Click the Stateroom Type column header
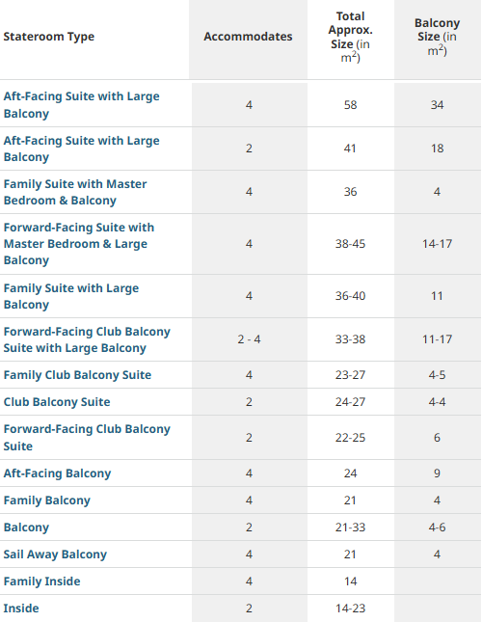(49, 37)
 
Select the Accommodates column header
(248, 37)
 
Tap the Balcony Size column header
(438, 37)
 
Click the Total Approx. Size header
(350, 37)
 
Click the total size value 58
(350, 105)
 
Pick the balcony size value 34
(438, 105)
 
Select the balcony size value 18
(438, 149)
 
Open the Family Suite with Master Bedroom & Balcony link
(75, 192)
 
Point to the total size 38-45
(350, 244)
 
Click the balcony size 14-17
(438, 244)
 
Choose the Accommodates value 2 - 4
(249, 339)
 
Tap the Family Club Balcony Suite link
(77, 375)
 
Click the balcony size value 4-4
(438, 402)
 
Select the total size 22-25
(350, 438)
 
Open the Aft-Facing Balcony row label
(57, 473)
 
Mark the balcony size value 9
(438, 473)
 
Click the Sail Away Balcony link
(55, 554)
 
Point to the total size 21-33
(350, 527)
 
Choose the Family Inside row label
(41, 581)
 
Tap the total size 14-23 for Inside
(350, 608)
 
